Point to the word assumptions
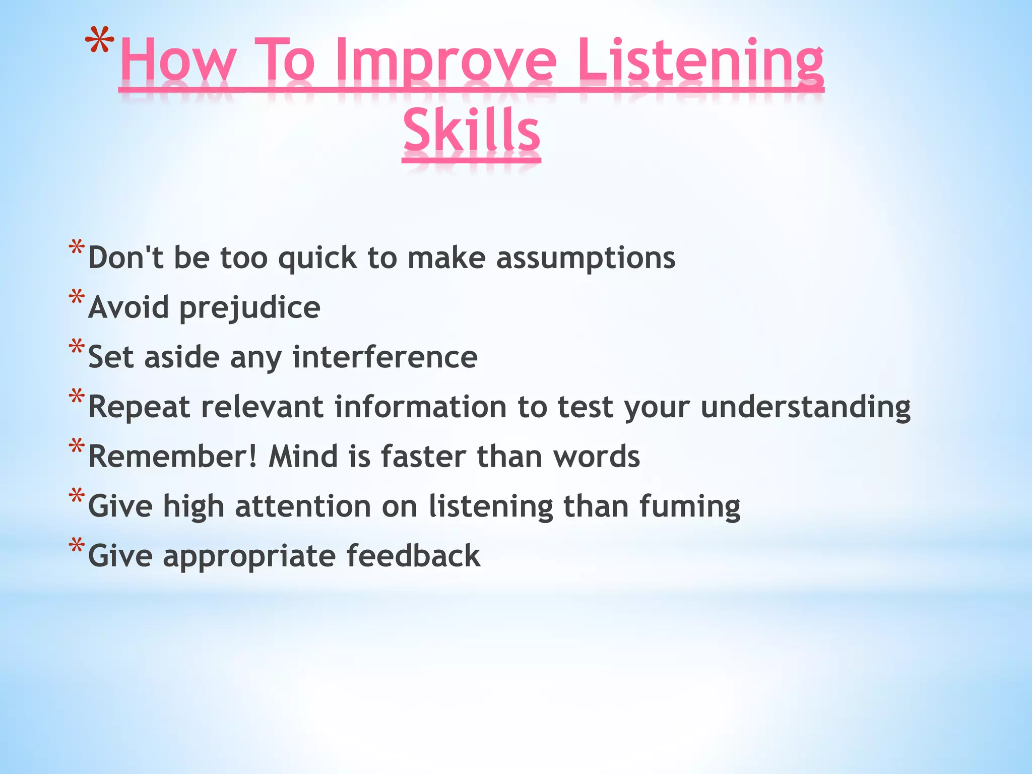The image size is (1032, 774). pos(586,258)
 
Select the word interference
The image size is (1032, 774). pos(385,357)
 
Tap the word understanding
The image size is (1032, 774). pos(805,407)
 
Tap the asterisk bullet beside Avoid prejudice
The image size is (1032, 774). pos(77,297)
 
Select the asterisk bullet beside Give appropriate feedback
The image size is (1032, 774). pos(77,546)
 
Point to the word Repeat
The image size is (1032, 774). pos(139,407)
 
